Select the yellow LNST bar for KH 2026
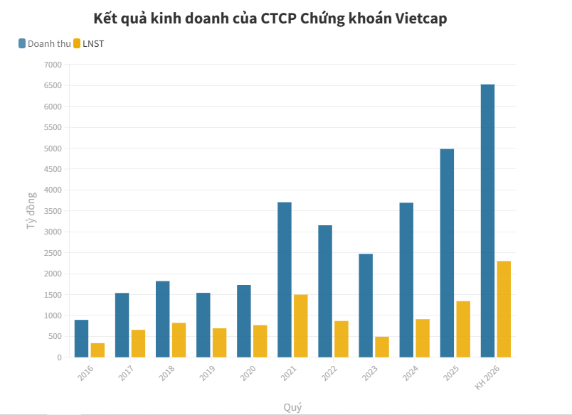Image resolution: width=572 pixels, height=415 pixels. coord(504,309)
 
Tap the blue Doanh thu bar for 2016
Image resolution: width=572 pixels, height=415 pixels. coord(81,338)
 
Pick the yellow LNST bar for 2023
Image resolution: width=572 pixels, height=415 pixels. coord(382,347)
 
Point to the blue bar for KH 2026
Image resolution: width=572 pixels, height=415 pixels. coord(487,220)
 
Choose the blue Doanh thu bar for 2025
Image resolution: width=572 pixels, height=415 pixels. coord(447,253)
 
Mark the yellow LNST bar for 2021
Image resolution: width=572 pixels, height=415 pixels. coord(301,325)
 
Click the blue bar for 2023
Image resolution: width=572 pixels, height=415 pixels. coord(366,306)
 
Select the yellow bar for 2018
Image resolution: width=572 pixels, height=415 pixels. coord(179,340)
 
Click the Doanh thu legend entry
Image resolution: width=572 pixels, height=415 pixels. coord(45,43)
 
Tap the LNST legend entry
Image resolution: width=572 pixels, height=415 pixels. coord(89,43)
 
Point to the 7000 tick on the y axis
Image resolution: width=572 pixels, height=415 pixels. coord(53,65)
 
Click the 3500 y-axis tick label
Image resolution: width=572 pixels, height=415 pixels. coord(53,211)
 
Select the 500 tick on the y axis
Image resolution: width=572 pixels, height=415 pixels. coord(55,337)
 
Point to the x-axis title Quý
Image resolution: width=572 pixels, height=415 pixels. coord(292,407)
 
